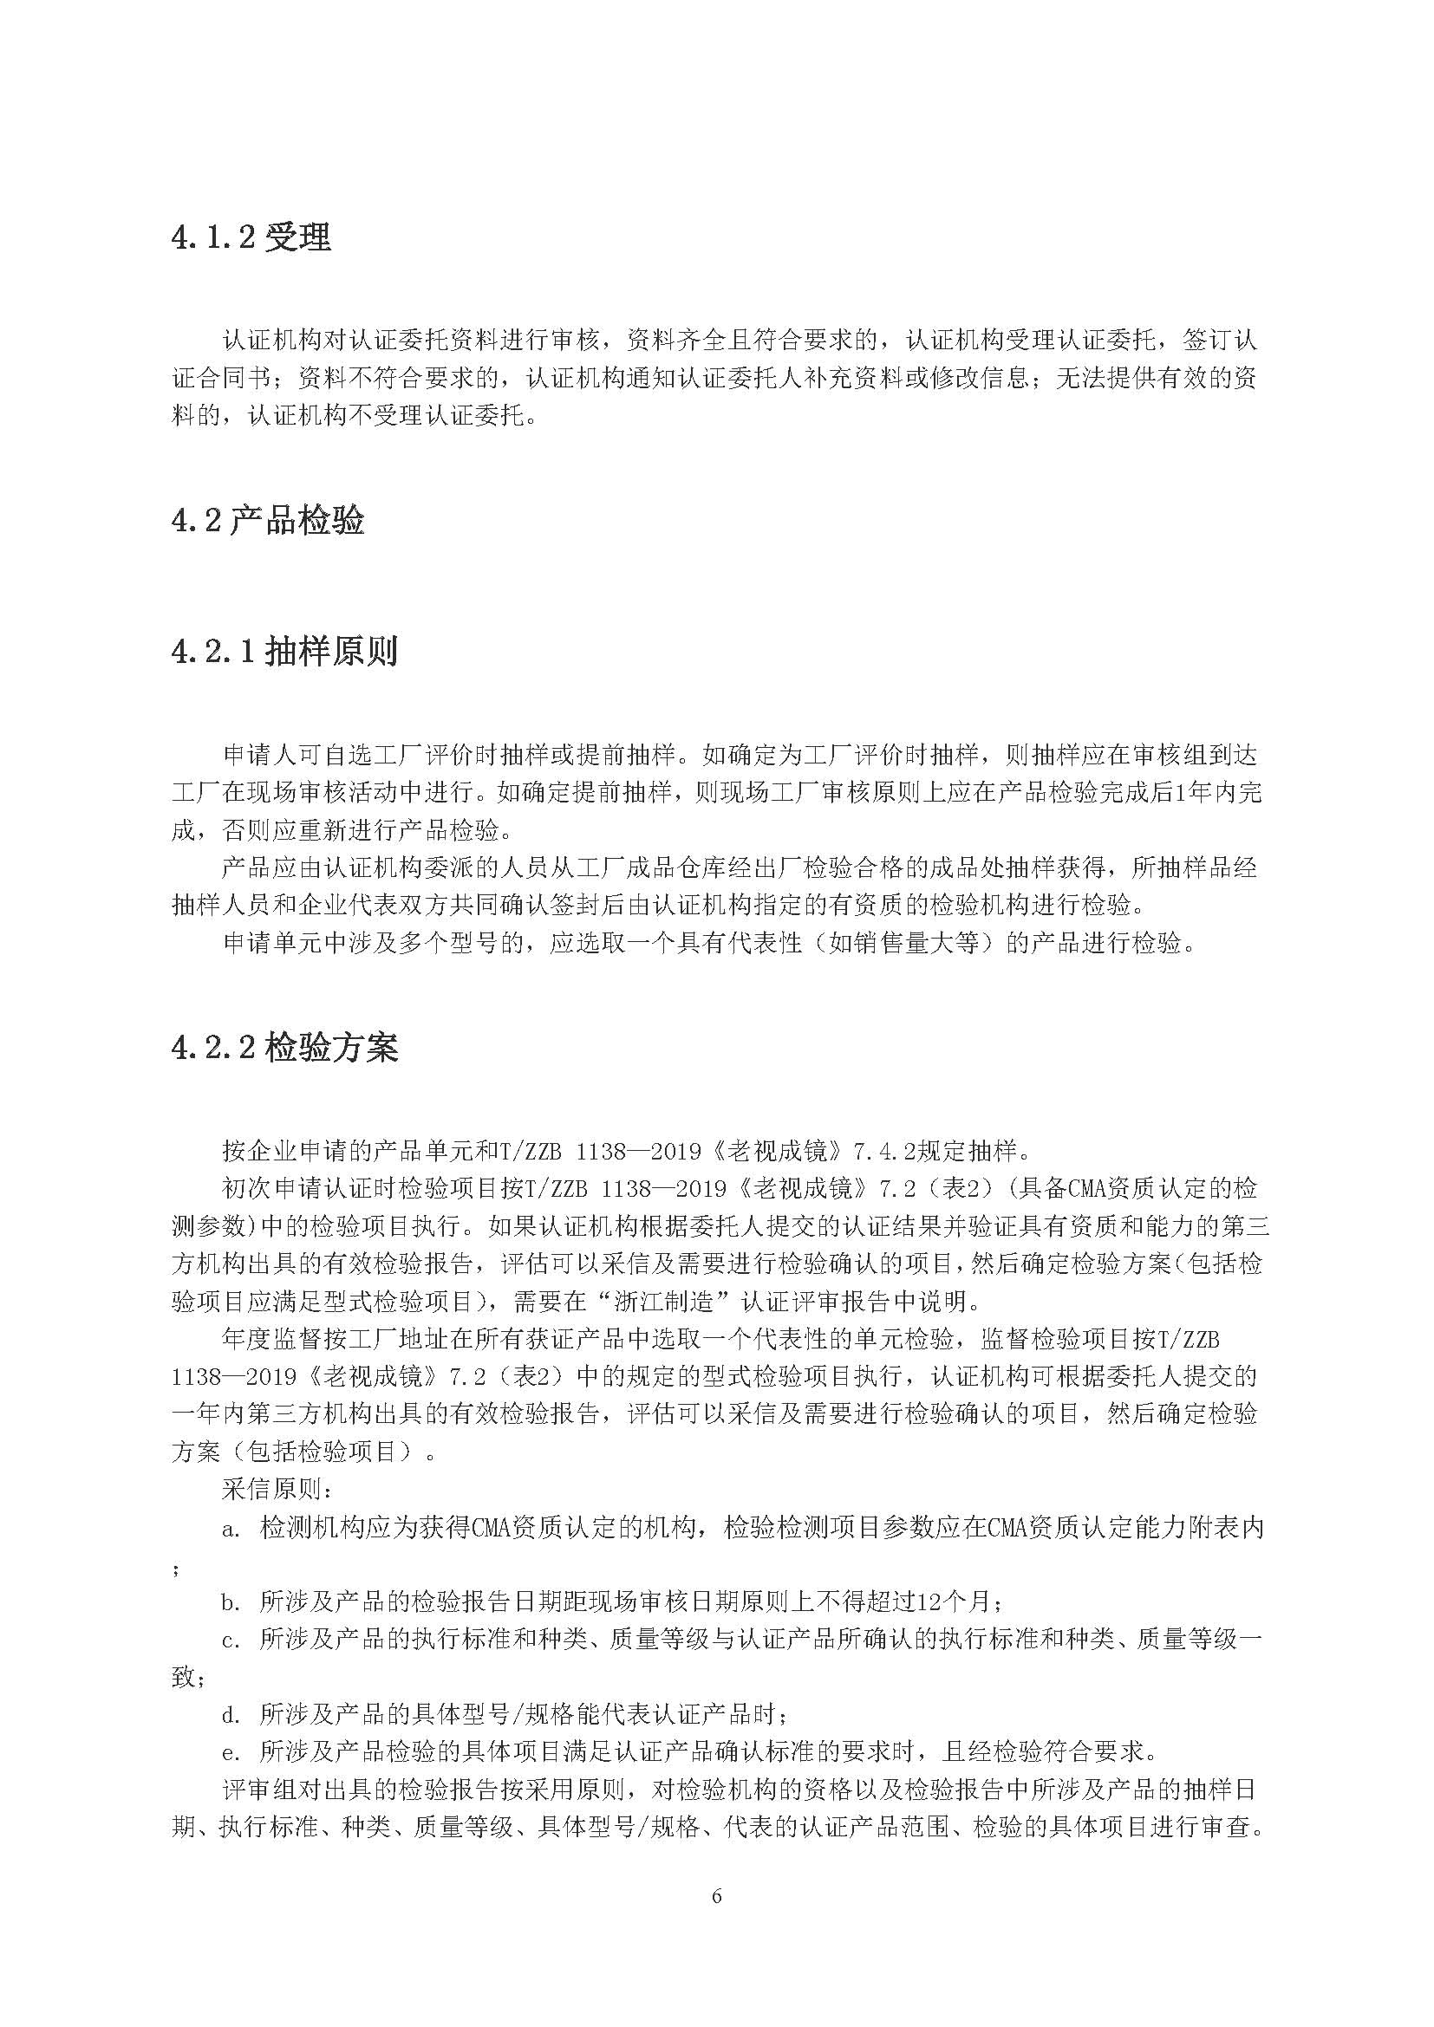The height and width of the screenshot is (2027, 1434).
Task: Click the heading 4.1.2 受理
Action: coord(251,237)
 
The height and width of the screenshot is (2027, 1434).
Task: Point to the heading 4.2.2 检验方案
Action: coord(284,1047)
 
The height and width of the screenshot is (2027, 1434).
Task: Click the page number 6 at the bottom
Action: coord(716,1896)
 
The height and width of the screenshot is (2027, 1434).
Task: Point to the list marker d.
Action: coord(231,1714)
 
